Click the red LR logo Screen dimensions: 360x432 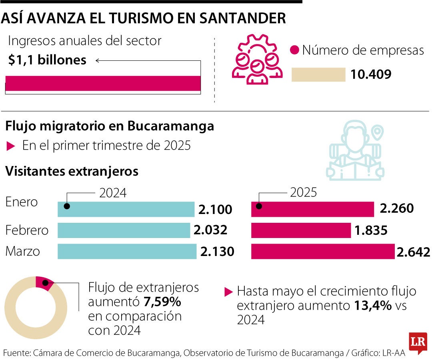[x=418, y=343]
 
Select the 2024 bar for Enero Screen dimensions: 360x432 [x=126, y=209]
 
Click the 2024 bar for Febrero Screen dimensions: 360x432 [x=124, y=230]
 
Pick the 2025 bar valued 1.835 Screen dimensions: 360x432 [x=301, y=230]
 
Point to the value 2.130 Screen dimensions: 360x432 [x=217, y=252]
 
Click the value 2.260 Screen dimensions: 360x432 [x=396, y=209]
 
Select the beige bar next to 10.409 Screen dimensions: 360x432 [x=318, y=75]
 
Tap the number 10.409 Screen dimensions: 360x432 [x=371, y=75]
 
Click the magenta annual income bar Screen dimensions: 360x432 [x=103, y=83]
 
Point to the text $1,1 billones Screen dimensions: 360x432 [x=47, y=60]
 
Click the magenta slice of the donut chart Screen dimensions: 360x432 [x=43, y=283]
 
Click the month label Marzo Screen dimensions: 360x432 [x=23, y=252]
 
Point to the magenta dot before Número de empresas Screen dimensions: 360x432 [x=295, y=50]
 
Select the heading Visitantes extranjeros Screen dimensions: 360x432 [x=72, y=172]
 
